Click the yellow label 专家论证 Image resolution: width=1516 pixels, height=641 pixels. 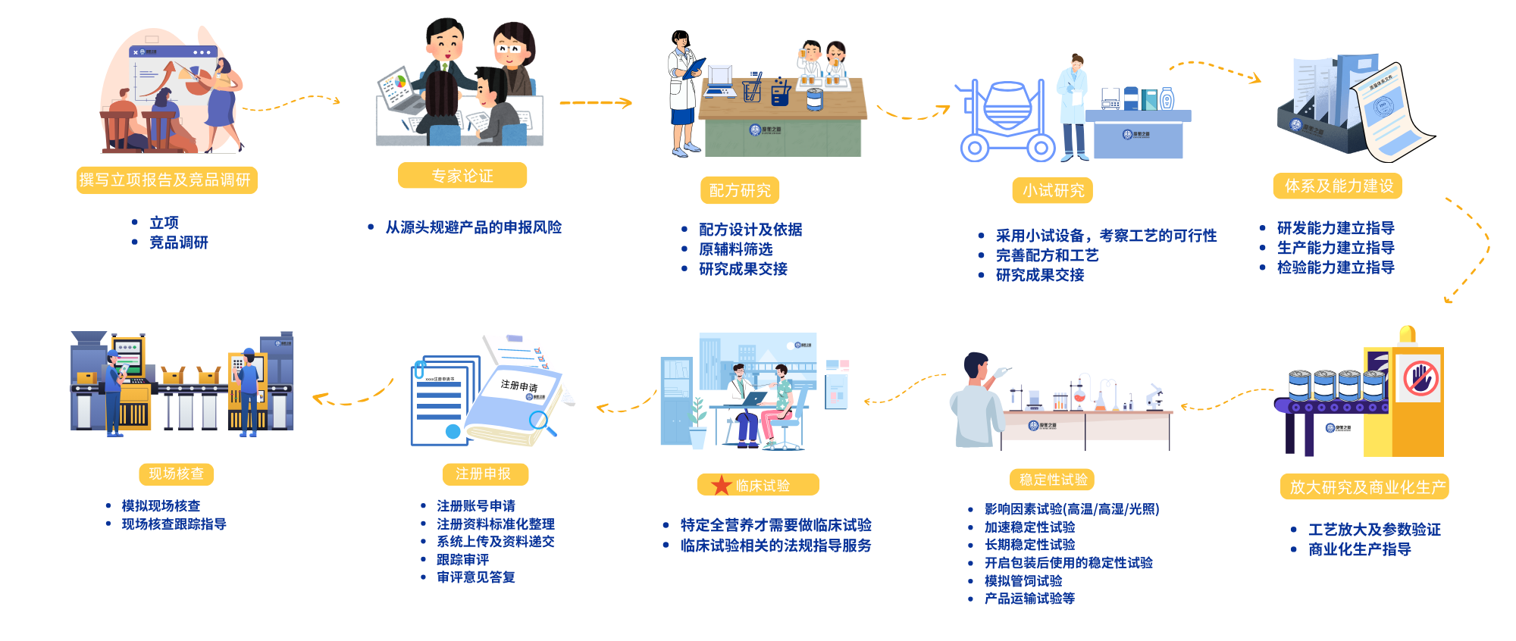point(462,176)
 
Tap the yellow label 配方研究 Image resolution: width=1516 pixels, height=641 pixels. point(740,190)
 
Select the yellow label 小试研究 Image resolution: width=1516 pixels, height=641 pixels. point(1053,190)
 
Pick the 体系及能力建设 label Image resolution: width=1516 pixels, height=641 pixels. point(1338,186)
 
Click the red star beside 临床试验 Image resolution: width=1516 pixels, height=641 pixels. point(721,485)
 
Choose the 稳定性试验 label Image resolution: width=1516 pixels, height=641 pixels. point(1052,479)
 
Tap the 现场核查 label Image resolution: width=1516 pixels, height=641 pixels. point(176,474)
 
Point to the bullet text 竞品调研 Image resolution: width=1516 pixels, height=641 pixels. point(179,242)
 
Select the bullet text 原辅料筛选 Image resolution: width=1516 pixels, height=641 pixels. point(735,249)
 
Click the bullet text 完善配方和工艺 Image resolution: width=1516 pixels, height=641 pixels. point(1047,255)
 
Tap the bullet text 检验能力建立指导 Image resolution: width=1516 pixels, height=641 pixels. point(1336,267)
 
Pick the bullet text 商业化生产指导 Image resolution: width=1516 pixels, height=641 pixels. point(1360,549)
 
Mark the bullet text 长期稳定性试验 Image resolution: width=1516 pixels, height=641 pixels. point(1029,545)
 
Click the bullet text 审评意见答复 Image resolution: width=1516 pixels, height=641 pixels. point(476,577)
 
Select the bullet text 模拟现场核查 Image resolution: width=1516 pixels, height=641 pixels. point(161,505)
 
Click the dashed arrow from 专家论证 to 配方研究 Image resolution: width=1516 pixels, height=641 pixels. point(595,102)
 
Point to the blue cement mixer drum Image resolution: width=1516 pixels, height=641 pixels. point(1007,103)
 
